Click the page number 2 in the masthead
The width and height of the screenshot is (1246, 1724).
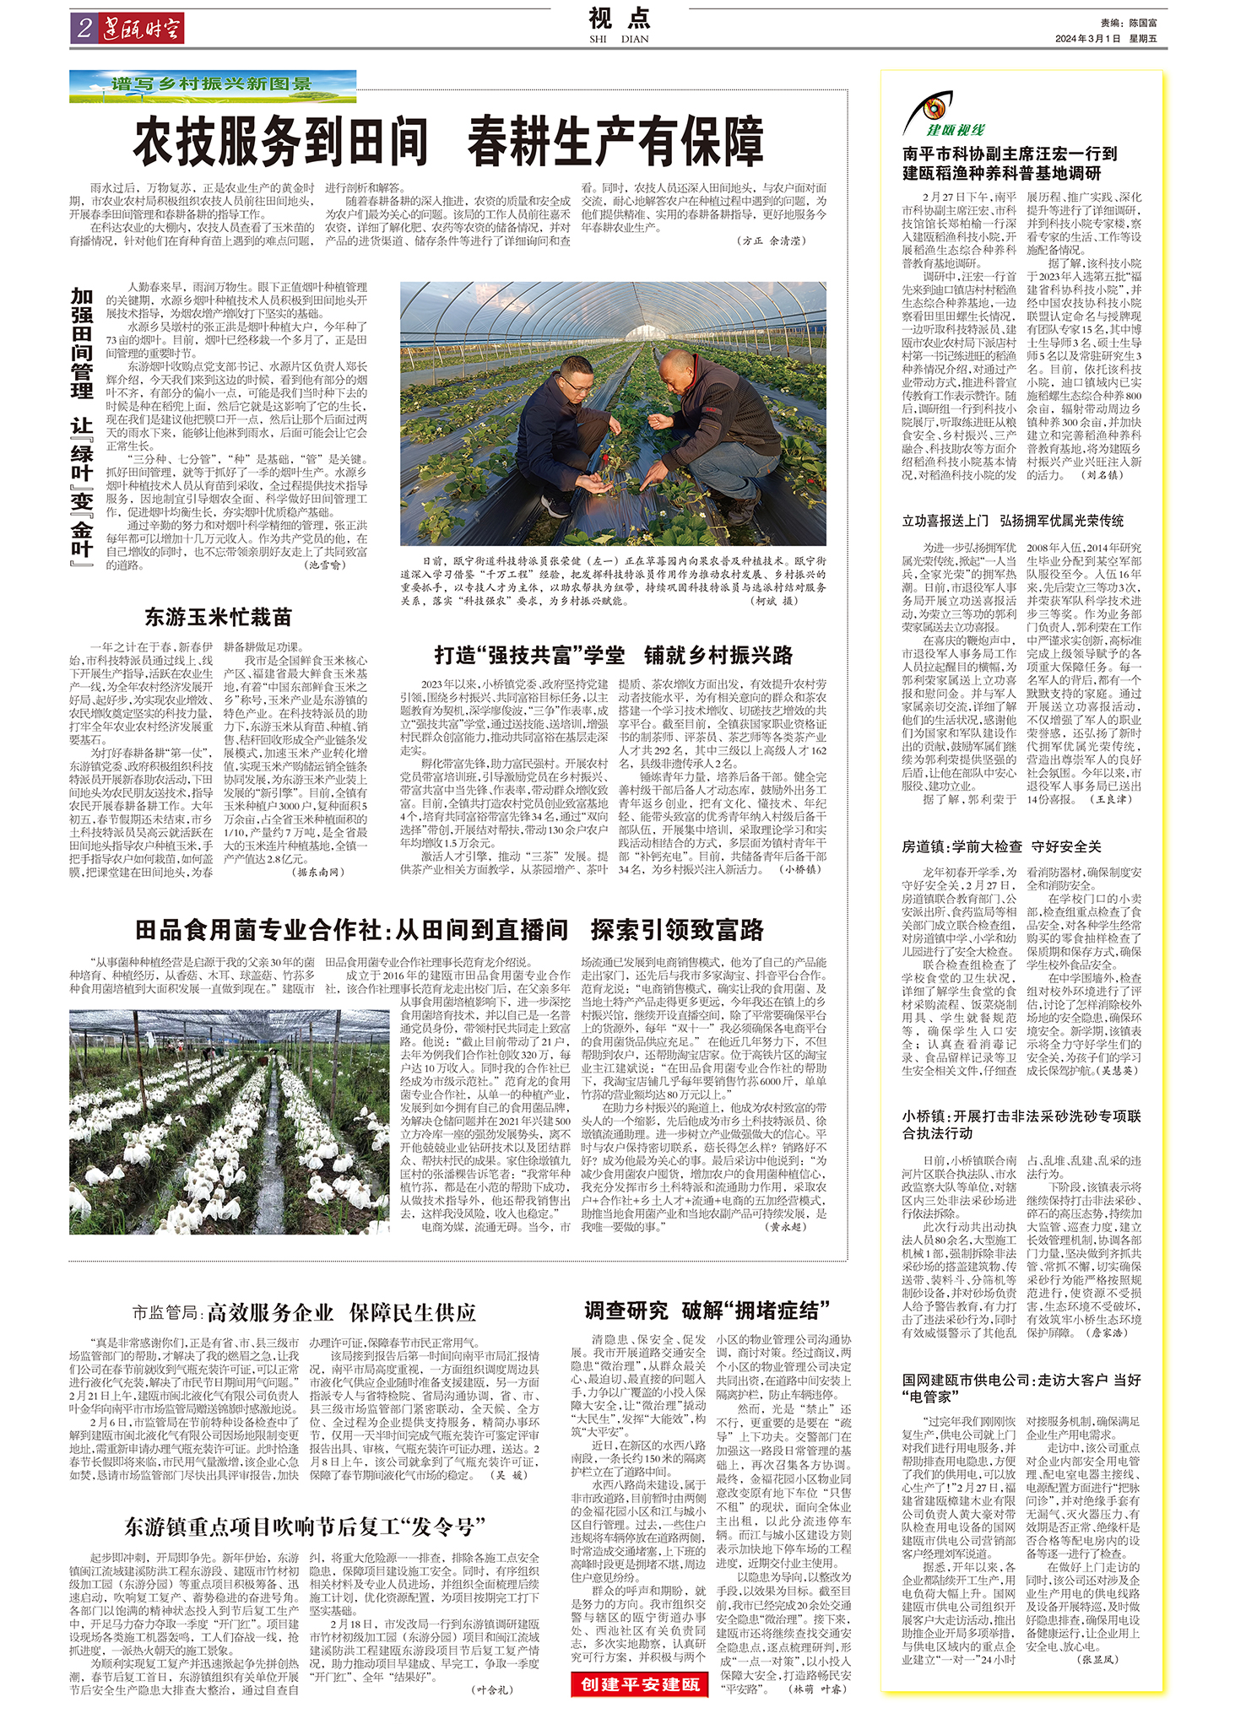coord(84,29)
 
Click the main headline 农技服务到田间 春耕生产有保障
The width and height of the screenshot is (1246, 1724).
coord(448,143)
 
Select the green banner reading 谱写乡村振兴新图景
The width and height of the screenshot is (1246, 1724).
coord(213,85)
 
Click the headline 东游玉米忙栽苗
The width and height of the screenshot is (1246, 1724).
coord(218,618)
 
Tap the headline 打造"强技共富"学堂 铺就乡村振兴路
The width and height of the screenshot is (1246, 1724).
coord(614,656)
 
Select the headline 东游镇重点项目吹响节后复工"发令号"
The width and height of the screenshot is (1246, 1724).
coord(305,1526)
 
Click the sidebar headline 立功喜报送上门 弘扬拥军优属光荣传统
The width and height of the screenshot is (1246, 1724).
coord(1013,521)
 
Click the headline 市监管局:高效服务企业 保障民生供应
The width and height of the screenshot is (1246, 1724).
coord(304,1312)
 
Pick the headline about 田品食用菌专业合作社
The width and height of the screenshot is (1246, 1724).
coord(449,930)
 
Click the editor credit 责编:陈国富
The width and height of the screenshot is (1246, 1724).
coord(1129,24)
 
